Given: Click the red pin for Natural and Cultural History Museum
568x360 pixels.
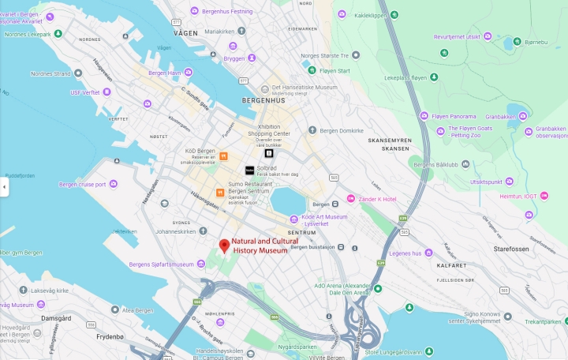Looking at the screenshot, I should click(x=224, y=246).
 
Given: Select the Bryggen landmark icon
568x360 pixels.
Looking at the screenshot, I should click(x=219, y=58).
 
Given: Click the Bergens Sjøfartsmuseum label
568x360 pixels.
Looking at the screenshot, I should click(x=161, y=264).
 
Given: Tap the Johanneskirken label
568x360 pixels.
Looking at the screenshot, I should click(x=175, y=232).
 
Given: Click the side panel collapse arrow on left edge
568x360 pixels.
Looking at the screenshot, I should click(x=4, y=187).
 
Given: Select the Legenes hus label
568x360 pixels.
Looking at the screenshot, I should click(x=405, y=253).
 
